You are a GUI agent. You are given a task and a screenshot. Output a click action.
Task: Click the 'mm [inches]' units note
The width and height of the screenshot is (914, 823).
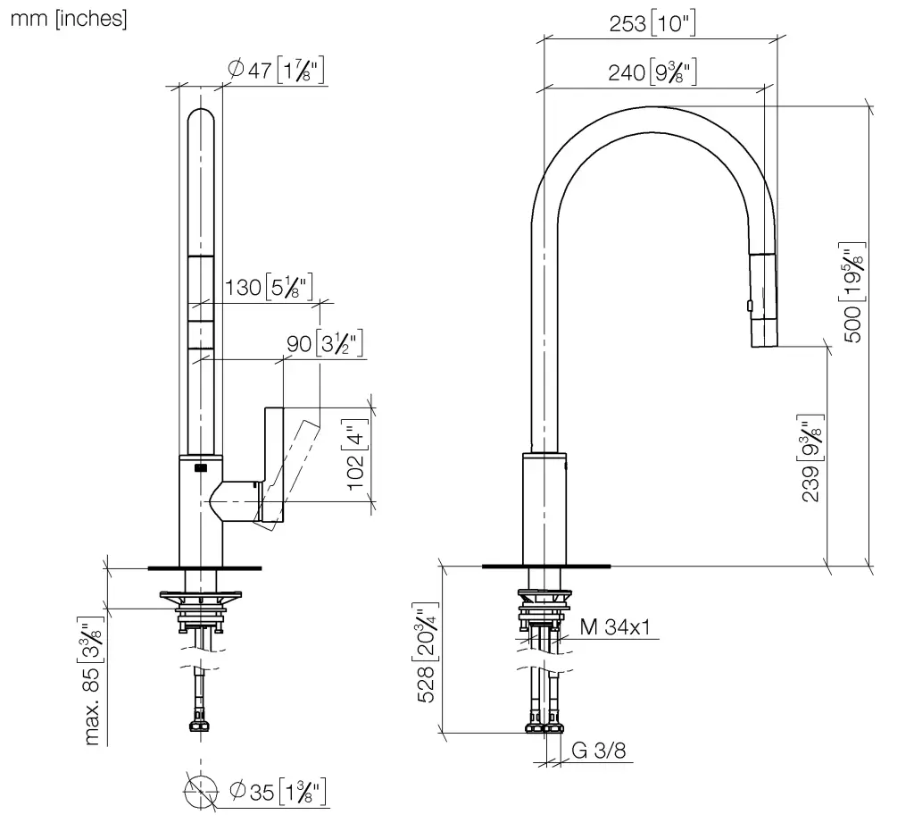click(x=69, y=19)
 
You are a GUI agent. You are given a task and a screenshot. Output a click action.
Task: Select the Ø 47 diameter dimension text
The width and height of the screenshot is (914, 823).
click(x=276, y=70)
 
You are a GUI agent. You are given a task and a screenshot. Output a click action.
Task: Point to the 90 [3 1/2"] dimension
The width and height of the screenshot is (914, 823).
click(x=325, y=343)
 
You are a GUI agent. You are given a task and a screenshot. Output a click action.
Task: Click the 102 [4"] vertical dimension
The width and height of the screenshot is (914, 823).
click(x=355, y=455)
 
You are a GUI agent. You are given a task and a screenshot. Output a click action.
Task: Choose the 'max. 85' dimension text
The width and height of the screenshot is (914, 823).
click(x=92, y=682)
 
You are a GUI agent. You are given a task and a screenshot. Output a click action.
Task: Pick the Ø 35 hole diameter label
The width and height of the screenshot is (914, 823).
click(x=278, y=792)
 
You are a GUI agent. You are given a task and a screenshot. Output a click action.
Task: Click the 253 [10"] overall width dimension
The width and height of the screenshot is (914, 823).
click(x=652, y=22)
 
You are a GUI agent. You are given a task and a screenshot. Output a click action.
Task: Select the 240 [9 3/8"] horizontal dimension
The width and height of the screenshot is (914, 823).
click(x=652, y=72)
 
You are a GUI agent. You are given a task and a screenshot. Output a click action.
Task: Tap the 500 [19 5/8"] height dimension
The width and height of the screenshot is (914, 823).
click(x=852, y=292)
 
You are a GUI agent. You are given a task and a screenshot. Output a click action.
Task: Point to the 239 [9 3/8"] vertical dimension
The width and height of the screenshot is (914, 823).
click(x=810, y=458)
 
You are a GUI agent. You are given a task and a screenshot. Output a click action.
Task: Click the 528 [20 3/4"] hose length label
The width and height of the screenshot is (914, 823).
click(x=428, y=652)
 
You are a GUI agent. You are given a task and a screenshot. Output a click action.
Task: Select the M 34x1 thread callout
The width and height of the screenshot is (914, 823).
click(x=615, y=627)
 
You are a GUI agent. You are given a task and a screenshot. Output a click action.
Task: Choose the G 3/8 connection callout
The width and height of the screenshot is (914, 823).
click(x=599, y=751)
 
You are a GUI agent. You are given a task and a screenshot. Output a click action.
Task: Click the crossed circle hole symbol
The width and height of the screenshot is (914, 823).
click(x=201, y=792)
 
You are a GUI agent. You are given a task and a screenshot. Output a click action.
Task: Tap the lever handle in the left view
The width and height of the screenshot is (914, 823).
click(x=274, y=464)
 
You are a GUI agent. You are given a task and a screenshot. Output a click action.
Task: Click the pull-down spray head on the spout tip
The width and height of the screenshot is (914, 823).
click(x=763, y=300)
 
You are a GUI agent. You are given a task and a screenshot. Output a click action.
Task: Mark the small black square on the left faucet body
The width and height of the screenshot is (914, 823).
click(x=201, y=466)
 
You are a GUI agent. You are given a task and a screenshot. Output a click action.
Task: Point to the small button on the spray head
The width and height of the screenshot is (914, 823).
click(x=750, y=306)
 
